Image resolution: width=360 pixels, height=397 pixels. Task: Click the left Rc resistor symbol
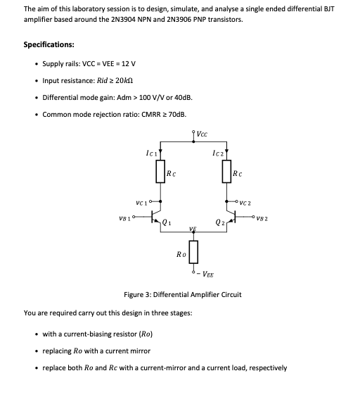click(x=162, y=172)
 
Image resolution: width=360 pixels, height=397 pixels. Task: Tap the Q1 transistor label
click(x=167, y=223)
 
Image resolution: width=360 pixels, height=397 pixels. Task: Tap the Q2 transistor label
click(x=219, y=224)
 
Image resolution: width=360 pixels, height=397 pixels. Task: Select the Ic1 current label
click(x=150, y=152)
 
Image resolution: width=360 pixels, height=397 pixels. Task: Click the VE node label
click(x=191, y=229)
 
